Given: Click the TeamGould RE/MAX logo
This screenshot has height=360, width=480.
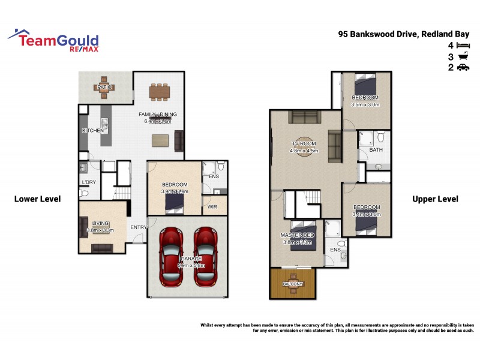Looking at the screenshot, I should pos(54,40).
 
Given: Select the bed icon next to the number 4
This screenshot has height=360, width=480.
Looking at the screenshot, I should pos(463,45).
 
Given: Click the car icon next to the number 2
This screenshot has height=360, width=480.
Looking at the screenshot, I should pos(463,68).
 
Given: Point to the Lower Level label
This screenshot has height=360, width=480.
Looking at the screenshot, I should pos(37,199).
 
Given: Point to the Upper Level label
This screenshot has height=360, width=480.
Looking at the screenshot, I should pos(435,199).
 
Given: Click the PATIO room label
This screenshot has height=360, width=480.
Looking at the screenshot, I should pos(104,88).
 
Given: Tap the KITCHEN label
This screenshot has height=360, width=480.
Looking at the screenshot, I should pos(93,131).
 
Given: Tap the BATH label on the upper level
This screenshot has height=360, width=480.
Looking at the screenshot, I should pos(376,150).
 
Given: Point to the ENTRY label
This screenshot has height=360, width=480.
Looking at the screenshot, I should pos(139,227).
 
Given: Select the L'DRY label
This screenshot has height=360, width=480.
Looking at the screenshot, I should pos(88,182).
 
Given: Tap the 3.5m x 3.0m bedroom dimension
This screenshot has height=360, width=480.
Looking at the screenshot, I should pos(365,104).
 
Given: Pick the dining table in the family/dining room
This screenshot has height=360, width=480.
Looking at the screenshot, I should pos(160,92).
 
